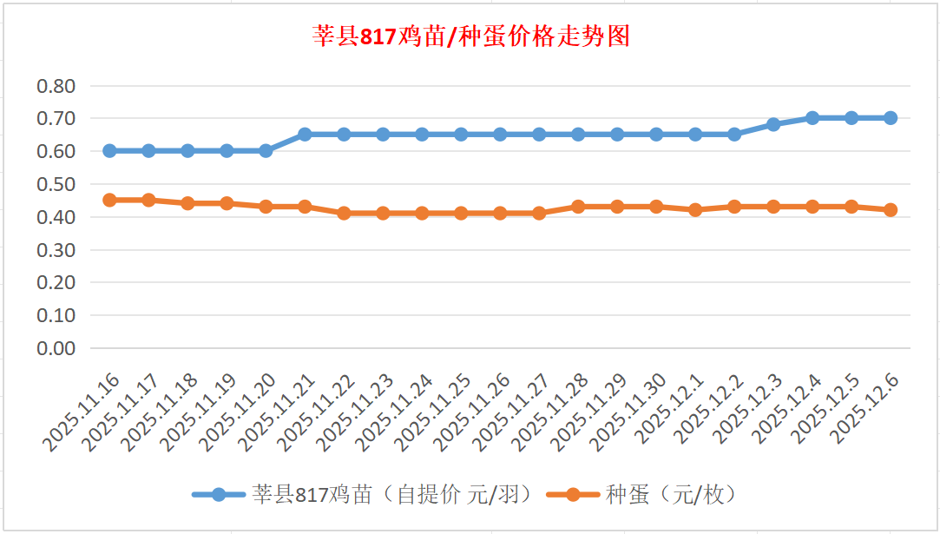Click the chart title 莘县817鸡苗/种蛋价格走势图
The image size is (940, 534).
pos(470,36)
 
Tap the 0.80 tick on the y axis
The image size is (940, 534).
pos(56,86)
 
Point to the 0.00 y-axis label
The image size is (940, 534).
pos(56,348)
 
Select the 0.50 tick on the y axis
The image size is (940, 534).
pos(56,184)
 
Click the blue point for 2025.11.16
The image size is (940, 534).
pos(109,150)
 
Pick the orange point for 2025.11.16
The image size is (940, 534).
pos(109,200)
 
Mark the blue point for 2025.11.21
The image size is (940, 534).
pos(305,135)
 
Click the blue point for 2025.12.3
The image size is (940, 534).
pos(773,124)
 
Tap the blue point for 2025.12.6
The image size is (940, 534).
pos(891,118)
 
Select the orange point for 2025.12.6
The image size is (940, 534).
pos(891,209)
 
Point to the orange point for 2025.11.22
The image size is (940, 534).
pos(344,213)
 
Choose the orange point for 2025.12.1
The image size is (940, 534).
pos(695,209)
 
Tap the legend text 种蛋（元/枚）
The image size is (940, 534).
pos(672,495)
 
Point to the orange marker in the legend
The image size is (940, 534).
pos(573,495)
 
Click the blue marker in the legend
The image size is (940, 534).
pos(219,495)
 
